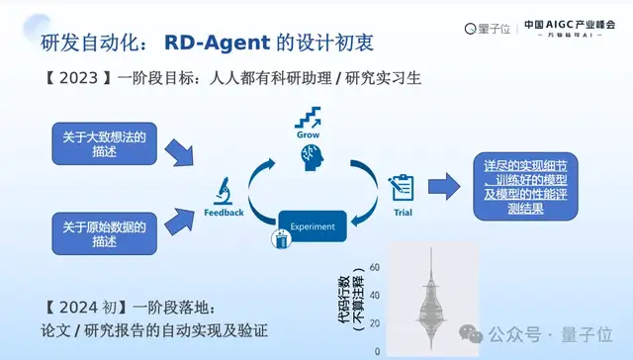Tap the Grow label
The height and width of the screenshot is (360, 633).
coord(309,136)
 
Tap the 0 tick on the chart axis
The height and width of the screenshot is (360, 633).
coord(378,350)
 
